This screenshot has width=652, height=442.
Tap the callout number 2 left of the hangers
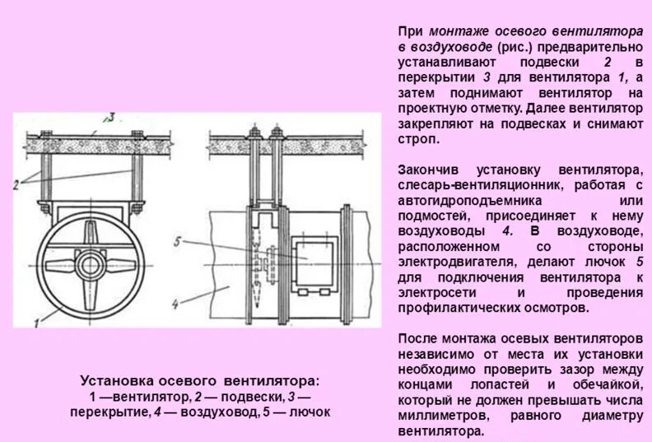click(16, 184)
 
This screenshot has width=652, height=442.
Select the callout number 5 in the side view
click(177, 241)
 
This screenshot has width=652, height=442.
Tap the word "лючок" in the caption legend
click(310, 412)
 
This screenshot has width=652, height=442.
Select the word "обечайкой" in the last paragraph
click(609, 384)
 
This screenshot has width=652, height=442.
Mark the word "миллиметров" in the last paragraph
click(437, 416)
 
